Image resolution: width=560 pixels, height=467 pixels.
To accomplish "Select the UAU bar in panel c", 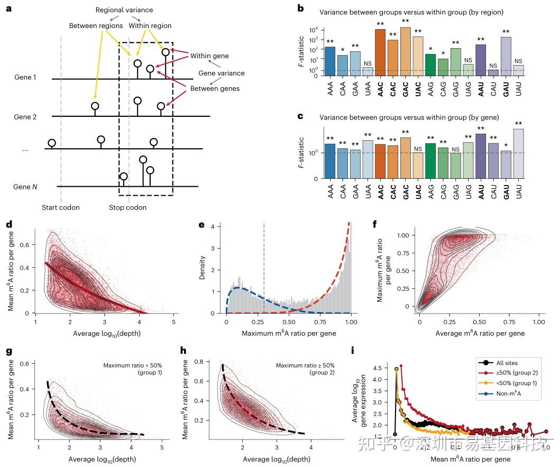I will [518, 153].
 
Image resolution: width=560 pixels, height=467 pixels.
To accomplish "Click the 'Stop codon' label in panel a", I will [128, 207].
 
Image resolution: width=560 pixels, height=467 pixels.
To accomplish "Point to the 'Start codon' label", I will [61, 207].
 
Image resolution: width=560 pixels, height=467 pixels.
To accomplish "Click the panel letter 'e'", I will [201, 224].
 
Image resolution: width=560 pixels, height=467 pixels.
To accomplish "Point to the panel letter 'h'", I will [183, 350].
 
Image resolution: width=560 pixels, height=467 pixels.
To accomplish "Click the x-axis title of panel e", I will [288, 333].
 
